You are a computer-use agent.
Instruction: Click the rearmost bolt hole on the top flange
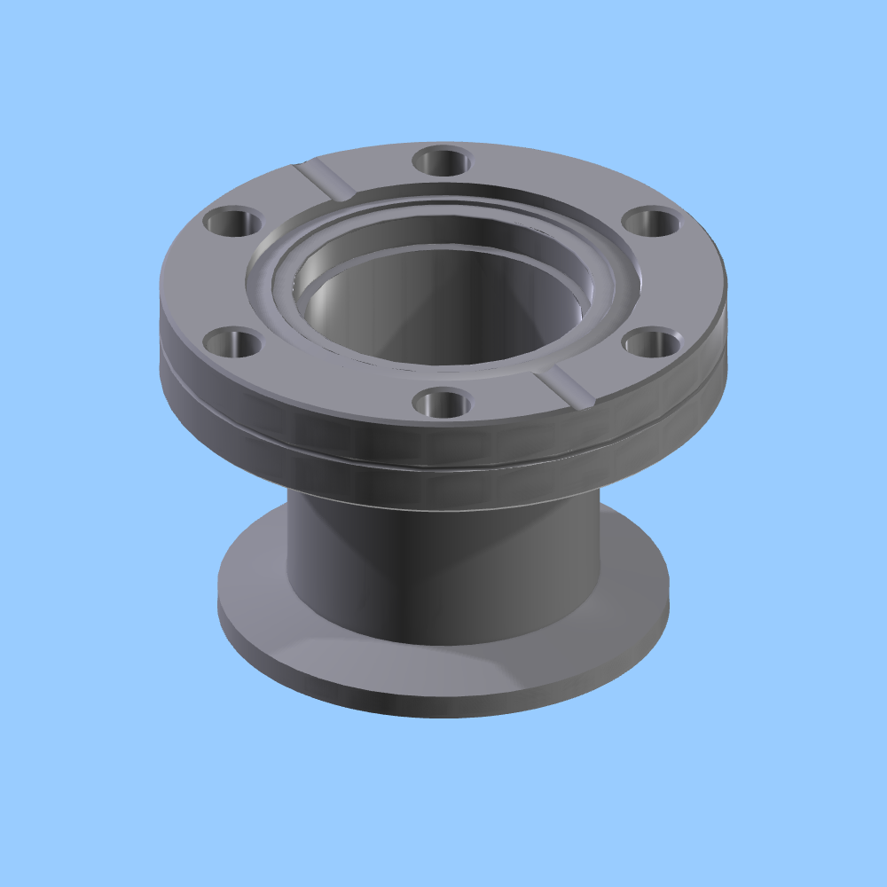[x=441, y=162]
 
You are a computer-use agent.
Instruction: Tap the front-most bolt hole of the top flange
[x=441, y=404]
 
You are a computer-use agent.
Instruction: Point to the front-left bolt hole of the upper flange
[x=232, y=342]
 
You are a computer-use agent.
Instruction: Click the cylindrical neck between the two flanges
[x=443, y=568]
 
